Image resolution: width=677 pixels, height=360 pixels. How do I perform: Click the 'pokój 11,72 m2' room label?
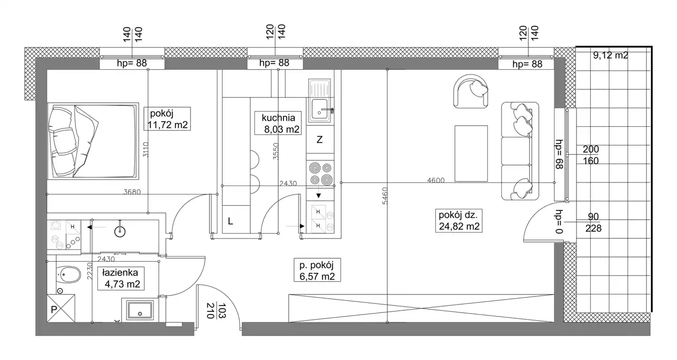[167, 119]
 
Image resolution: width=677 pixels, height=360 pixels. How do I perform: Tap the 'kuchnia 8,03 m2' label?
[278, 123]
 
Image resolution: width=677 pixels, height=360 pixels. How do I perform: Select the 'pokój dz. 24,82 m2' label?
[459, 220]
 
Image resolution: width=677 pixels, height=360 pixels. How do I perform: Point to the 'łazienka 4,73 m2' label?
[121, 278]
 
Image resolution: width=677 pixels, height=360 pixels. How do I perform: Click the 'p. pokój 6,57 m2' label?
[317, 270]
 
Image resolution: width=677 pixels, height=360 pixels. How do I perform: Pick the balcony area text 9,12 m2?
[610, 56]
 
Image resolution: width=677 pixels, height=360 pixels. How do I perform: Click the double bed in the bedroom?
[93, 141]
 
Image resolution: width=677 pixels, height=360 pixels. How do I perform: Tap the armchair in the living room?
[471, 91]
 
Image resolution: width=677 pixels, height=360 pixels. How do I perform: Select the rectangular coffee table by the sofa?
[471, 153]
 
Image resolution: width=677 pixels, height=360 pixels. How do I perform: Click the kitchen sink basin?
[320, 109]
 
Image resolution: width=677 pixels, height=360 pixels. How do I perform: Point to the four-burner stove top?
[321, 174]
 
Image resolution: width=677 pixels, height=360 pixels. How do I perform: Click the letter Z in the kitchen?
[319, 140]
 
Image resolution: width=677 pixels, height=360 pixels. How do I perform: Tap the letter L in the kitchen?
[230, 221]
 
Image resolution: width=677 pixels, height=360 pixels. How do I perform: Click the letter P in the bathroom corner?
[54, 309]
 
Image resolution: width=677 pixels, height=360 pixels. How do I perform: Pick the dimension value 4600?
[436, 180]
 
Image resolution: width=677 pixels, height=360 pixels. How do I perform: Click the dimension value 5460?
[385, 196]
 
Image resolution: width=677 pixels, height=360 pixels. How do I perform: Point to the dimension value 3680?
[132, 192]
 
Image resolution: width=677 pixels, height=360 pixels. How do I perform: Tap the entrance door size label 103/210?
[215, 311]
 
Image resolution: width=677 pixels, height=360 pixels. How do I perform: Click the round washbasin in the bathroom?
[120, 232]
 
